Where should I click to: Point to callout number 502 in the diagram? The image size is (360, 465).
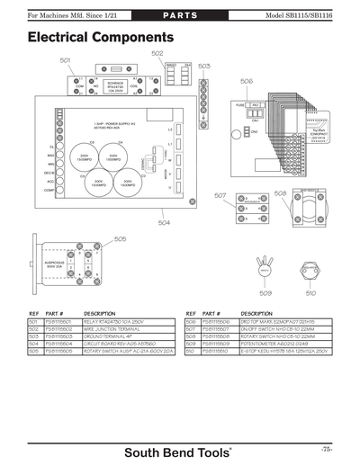tap(157, 53)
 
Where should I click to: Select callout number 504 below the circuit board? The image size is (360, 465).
tap(164, 222)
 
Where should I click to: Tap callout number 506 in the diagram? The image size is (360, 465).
tap(247, 81)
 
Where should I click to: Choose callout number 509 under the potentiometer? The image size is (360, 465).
tap(265, 291)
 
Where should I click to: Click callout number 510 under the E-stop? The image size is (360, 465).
tap(310, 291)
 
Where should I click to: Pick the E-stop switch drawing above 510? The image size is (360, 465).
tap(310, 268)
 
